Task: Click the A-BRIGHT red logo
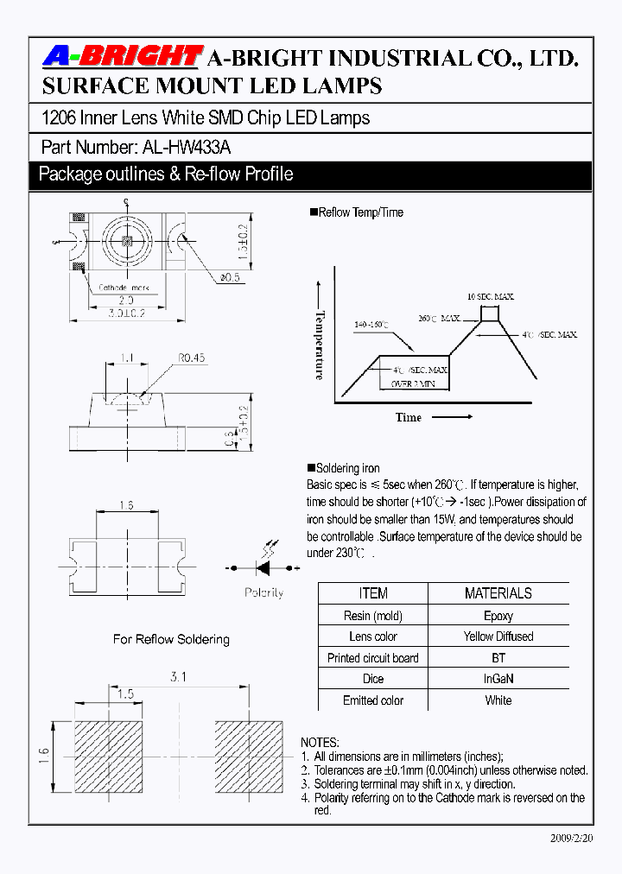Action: (x=122, y=57)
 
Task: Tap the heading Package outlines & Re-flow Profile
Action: (x=166, y=174)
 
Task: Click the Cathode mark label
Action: (x=124, y=288)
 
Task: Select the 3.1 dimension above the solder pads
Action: (x=178, y=678)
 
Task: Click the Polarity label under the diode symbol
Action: (x=263, y=593)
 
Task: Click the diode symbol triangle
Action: (x=263, y=568)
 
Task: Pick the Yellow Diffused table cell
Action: (x=498, y=636)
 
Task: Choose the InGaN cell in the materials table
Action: (x=498, y=679)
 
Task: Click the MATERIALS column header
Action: (x=498, y=593)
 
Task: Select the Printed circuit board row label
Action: (x=373, y=658)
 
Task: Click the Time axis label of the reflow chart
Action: (x=409, y=417)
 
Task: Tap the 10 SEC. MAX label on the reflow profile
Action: (x=491, y=296)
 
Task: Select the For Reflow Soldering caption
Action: (x=171, y=640)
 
